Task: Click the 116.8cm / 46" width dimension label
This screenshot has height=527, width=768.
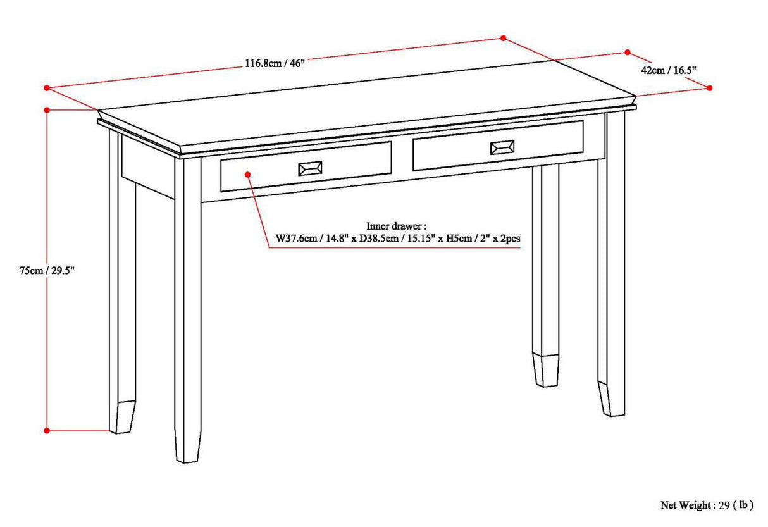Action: [275, 63]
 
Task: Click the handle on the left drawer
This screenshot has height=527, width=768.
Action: [310, 168]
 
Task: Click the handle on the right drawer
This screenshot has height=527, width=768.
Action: [502, 148]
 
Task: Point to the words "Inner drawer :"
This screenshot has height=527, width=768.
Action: [397, 226]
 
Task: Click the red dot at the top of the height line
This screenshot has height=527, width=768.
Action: [47, 110]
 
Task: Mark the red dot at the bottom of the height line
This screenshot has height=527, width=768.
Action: [47, 430]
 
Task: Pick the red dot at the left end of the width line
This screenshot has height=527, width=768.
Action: [47, 88]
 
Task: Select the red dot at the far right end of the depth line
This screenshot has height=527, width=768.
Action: [709, 88]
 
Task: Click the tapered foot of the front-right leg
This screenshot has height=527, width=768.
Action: [611, 399]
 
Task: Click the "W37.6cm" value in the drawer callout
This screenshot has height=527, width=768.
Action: [293, 239]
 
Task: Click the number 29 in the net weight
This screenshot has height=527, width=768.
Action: [724, 505]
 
